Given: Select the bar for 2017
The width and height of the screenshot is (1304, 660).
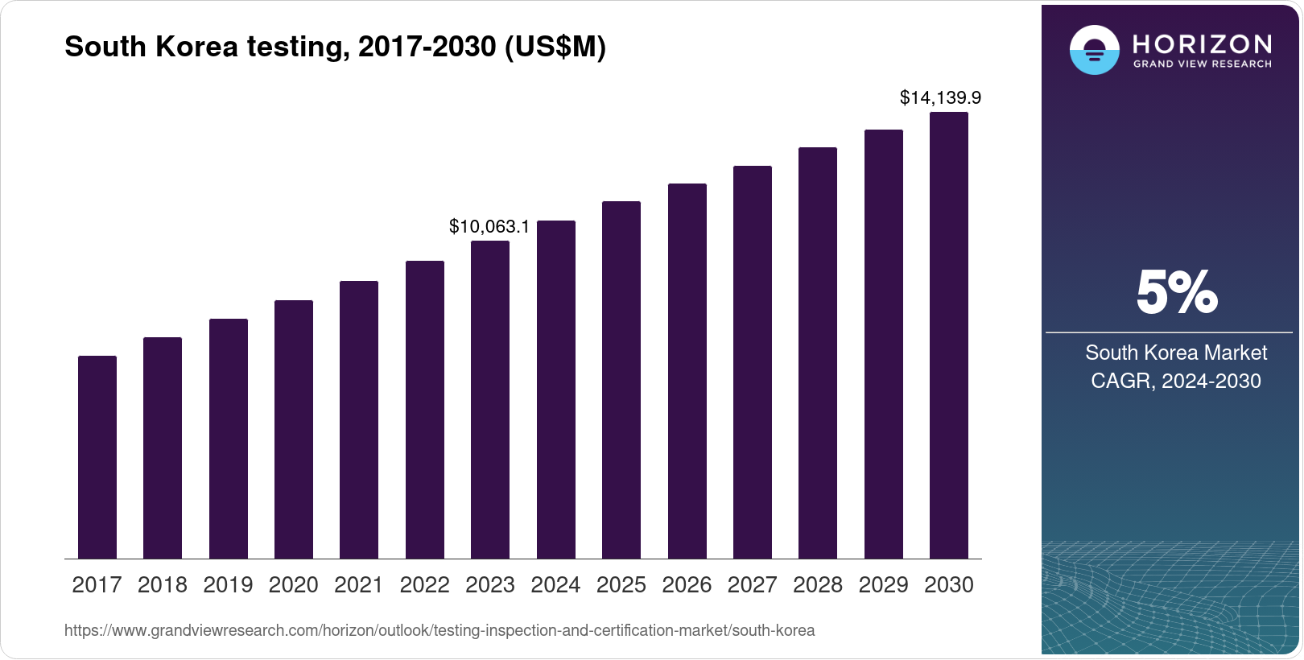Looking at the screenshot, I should (x=97, y=457).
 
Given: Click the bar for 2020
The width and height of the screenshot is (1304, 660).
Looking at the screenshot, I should (x=294, y=429).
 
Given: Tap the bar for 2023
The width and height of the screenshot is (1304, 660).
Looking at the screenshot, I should (x=490, y=399).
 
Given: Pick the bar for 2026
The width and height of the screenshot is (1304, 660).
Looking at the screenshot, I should (x=687, y=371).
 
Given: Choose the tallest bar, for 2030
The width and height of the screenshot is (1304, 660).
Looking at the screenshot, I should (x=949, y=335).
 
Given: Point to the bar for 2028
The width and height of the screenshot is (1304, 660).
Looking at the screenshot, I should (x=818, y=353).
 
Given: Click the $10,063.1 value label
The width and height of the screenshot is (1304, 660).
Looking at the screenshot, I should (x=489, y=227).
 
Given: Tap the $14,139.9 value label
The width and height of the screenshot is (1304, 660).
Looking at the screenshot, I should (x=940, y=98).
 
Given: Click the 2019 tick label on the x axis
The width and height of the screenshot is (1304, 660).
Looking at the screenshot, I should (x=228, y=585).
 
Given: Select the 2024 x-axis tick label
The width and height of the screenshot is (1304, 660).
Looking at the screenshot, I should (x=555, y=585).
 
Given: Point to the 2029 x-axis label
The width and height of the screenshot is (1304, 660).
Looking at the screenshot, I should (x=883, y=585).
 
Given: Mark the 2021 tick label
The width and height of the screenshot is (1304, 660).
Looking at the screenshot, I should (x=359, y=585).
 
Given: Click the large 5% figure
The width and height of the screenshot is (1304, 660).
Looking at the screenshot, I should (x=1176, y=292).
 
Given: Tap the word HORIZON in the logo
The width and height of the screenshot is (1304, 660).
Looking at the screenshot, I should (x=1203, y=43).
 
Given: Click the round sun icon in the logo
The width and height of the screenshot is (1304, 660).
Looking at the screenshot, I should (x=1094, y=50).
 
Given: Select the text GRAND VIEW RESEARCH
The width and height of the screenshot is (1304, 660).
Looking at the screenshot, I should (x=1203, y=64).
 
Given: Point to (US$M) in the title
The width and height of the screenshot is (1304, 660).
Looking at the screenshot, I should (x=555, y=47).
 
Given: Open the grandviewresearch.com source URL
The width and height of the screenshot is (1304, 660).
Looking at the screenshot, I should (x=439, y=630).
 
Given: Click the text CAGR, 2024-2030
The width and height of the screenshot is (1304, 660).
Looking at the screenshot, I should (x=1175, y=381).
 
